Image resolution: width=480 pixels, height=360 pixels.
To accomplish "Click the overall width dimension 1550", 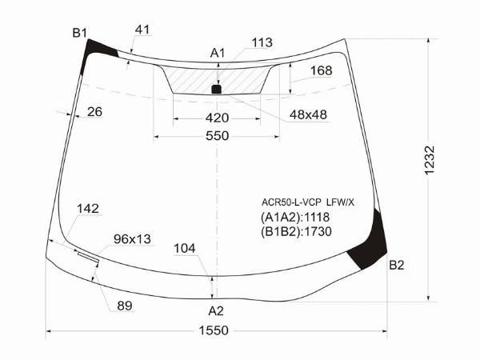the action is (x=214, y=330).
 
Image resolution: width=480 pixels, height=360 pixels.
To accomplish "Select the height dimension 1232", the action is (x=430, y=160).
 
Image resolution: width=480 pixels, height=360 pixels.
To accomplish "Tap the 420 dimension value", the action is (x=217, y=118).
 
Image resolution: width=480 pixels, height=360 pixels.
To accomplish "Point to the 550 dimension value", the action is (x=217, y=136).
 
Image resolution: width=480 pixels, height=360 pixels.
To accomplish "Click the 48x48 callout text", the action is (x=308, y=114).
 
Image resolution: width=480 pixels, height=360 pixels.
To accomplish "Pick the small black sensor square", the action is (x=217, y=89).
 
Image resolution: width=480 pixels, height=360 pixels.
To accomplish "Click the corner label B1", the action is (x=79, y=33).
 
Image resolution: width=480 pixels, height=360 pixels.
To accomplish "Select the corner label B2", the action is (x=397, y=265).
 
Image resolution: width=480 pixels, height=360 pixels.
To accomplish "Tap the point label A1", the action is (x=218, y=53).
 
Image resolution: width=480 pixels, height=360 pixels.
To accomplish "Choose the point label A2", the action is (x=216, y=311).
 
